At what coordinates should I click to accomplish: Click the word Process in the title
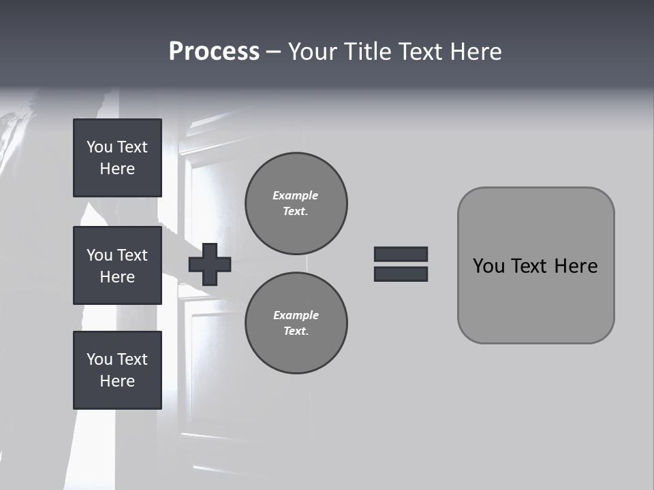click(x=214, y=52)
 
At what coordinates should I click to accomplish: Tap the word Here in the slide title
click(x=476, y=52)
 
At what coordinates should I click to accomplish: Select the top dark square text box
click(x=117, y=158)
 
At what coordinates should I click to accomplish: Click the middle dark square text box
click(x=117, y=265)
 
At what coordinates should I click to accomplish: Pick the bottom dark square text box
click(x=117, y=370)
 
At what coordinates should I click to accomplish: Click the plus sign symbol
click(x=210, y=265)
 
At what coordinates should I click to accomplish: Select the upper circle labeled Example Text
click(x=296, y=203)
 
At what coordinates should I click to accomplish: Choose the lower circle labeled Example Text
click(x=296, y=323)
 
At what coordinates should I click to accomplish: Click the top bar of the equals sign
click(x=401, y=254)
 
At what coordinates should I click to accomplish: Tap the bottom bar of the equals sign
click(x=401, y=274)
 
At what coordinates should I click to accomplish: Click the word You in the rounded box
click(x=488, y=266)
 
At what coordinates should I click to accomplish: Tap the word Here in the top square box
click(x=117, y=169)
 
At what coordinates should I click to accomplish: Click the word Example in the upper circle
click(x=296, y=195)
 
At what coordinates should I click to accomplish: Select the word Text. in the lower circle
click(x=296, y=331)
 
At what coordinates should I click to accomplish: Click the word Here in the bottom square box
click(x=117, y=381)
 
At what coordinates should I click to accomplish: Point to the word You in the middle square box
click(x=99, y=255)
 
